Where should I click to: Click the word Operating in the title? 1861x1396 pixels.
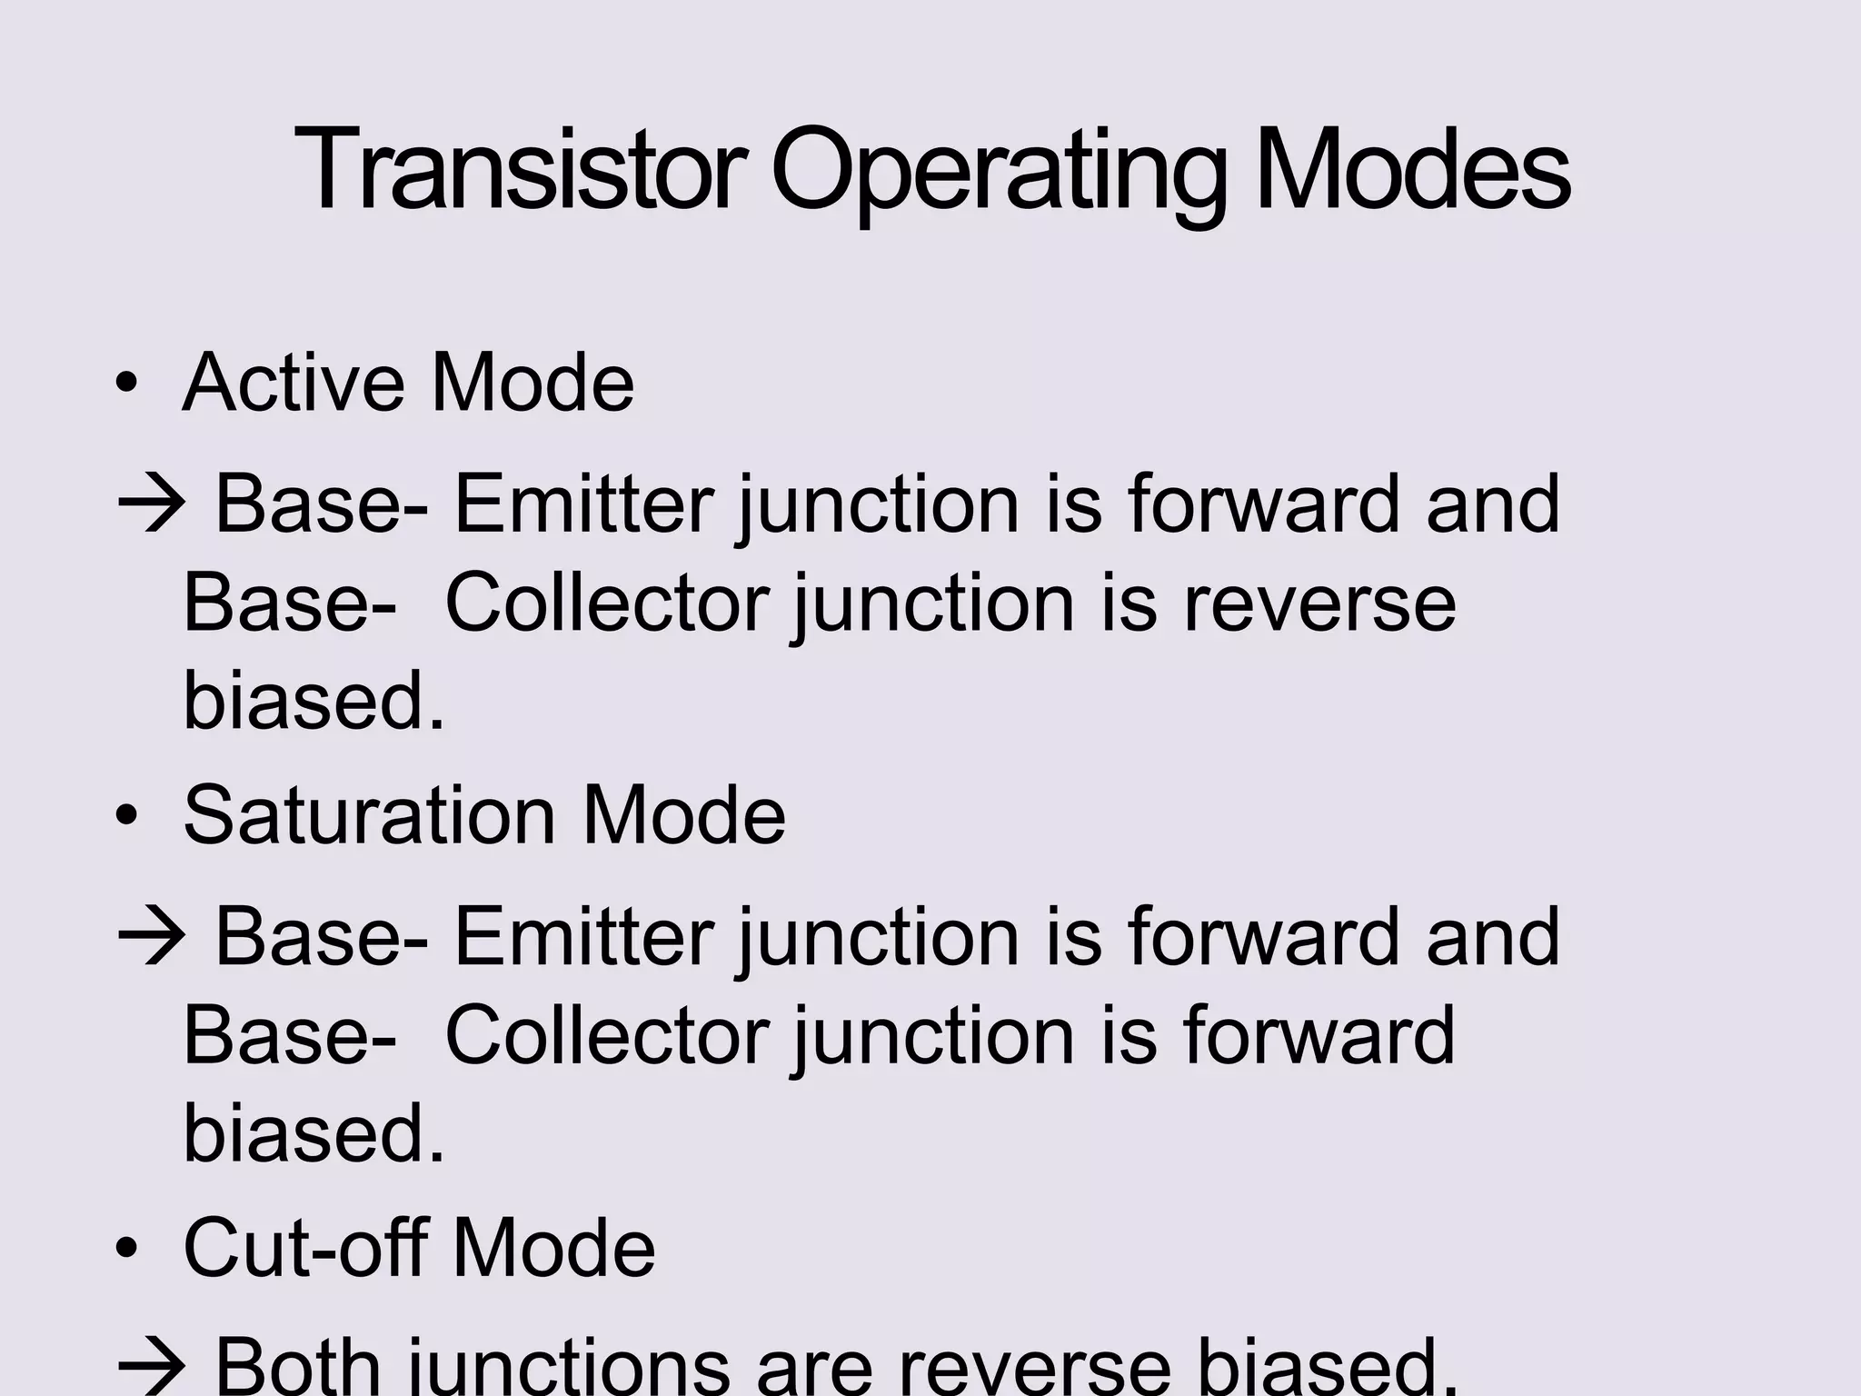point(999,173)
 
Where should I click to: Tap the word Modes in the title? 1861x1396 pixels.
point(1412,171)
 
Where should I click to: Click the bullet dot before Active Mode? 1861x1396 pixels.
point(126,384)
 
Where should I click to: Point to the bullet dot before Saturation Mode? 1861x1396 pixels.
point(126,816)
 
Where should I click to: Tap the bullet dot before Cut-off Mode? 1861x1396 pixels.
point(126,1249)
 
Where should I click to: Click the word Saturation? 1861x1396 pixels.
point(369,815)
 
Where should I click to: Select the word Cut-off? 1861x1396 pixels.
point(304,1247)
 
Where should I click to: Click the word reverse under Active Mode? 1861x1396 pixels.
point(1319,604)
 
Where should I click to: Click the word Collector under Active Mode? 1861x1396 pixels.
point(607,603)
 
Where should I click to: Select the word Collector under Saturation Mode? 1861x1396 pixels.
point(607,1036)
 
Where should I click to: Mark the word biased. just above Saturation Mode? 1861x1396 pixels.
point(314,701)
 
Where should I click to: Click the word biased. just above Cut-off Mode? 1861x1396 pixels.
point(314,1133)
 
